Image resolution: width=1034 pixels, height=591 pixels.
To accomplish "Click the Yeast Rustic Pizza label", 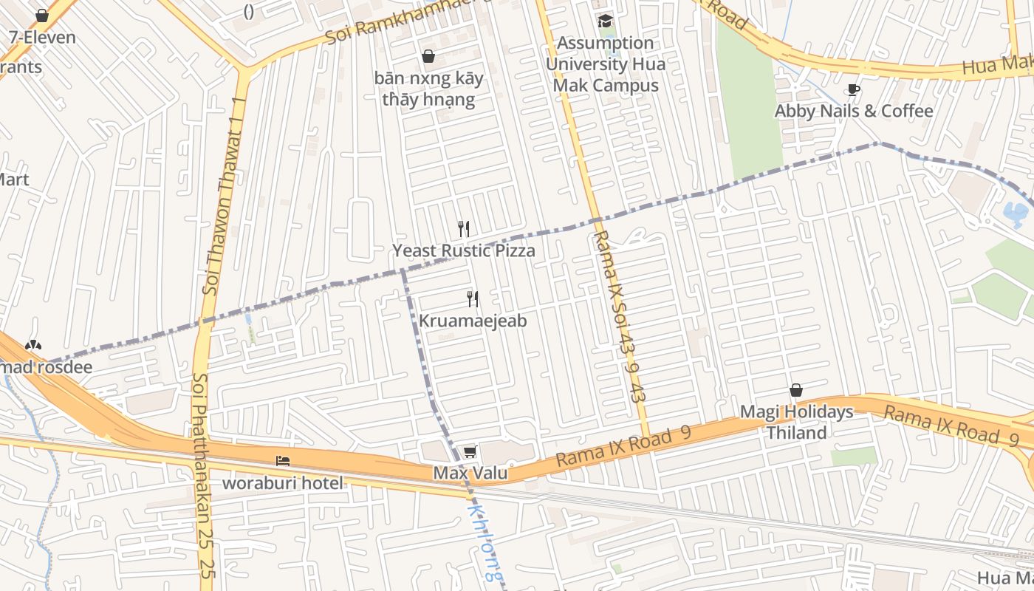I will pyautogui.click(x=463, y=251).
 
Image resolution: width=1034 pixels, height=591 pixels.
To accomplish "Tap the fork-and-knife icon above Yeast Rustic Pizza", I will pyautogui.click(x=464, y=229).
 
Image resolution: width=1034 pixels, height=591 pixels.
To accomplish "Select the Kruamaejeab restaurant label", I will pyautogui.click(x=473, y=321).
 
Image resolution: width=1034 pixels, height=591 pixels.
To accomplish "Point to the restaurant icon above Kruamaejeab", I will pyautogui.click(x=473, y=299).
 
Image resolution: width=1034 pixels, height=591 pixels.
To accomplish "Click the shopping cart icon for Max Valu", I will pyautogui.click(x=470, y=452).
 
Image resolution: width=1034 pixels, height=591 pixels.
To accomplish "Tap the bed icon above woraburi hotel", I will pyautogui.click(x=283, y=461).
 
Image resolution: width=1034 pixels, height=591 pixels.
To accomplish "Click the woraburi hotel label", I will pyautogui.click(x=283, y=483).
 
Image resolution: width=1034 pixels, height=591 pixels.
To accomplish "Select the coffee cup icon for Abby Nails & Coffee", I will pyautogui.click(x=854, y=90).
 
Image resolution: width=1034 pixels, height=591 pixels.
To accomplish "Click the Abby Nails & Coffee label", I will pyautogui.click(x=854, y=112).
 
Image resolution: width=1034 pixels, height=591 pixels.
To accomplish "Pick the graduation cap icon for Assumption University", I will pyautogui.click(x=606, y=21).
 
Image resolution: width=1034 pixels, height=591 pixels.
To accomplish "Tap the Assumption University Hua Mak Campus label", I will pyautogui.click(x=606, y=64).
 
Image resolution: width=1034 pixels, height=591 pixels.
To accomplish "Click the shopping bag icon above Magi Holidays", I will pyautogui.click(x=796, y=390).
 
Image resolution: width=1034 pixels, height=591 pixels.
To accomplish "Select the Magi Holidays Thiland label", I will pyautogui.click(x=796, y=422).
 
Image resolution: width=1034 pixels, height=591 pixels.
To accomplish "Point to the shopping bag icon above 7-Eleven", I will pyautogui.click(x=42, y=16).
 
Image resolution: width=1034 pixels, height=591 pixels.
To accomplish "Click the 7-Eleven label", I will pyautogui.click(x=42, y=37).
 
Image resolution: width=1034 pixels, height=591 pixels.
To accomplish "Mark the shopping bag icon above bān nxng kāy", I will pyautogui.click(x=428, y=56).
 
